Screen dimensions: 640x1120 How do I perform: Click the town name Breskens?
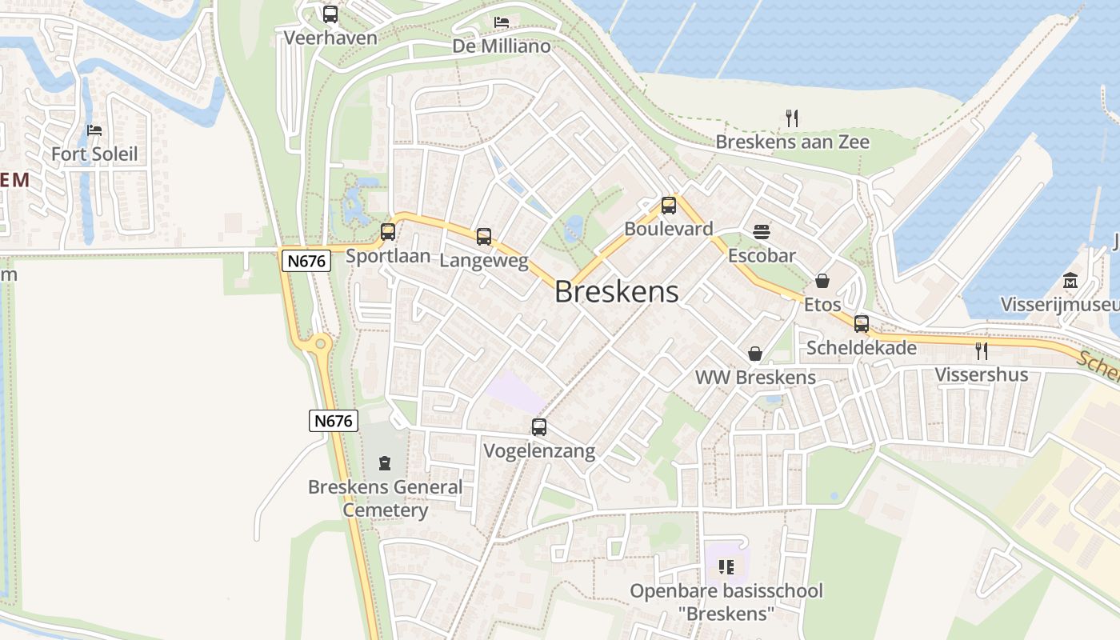click(616, 292)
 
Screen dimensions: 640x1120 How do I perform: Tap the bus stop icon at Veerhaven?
click(330, 14)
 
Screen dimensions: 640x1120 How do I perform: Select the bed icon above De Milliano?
click(502, 22)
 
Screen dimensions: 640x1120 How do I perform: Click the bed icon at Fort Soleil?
click(94, 130)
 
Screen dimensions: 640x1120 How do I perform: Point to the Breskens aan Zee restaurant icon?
click(792, 118)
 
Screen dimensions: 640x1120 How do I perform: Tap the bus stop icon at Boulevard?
click(669, 206)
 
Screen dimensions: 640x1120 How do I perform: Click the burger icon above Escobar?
click(762, 232)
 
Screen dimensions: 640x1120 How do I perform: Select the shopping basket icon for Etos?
click(822, 281)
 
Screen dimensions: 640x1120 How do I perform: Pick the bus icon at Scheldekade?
click(862, 323)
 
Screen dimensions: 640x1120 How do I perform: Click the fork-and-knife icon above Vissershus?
click(982, 350)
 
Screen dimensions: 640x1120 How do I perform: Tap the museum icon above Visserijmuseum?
click(1070, 281)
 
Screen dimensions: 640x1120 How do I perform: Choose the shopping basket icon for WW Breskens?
click(754, 354)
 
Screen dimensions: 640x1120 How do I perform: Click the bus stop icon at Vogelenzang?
click(539, 427)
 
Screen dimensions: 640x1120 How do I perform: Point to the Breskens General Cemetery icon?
click(385, 462)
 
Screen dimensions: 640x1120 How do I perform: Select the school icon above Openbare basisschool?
click(726, 567)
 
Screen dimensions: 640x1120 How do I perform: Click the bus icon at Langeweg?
click(484, 237)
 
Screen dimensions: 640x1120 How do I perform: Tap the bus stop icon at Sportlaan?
click(388, 232)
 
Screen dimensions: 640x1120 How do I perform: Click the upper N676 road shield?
click(306, 260)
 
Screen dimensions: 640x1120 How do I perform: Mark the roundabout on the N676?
click(320, 344)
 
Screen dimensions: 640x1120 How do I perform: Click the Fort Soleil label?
click(94, 154)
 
